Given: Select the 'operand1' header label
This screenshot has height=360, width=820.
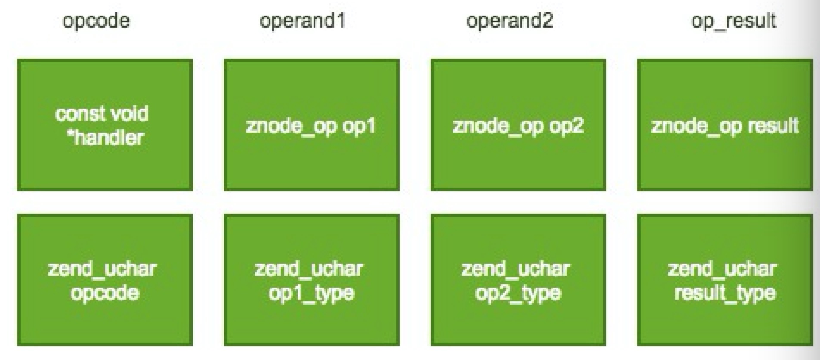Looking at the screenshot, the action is coord(302,21).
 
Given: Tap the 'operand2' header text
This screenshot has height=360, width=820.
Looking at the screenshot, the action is coord(509,21).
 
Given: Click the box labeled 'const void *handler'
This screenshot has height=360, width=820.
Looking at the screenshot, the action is coord(105,125).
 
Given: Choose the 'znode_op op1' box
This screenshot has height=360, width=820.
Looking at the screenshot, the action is coord(312,125).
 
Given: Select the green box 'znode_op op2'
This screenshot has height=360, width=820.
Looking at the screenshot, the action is coord(519,125).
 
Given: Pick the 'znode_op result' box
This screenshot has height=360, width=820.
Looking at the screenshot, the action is coord(725,125).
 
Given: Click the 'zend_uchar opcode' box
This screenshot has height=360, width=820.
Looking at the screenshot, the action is coord(105,280).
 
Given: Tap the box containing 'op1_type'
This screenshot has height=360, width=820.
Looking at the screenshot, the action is coord(312,280).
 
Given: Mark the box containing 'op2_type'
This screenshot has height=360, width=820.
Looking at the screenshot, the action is coord(519,280).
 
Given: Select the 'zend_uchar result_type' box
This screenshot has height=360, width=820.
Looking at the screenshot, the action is coord(725,280).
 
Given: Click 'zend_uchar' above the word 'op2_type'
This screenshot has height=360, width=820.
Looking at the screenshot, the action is coord(516,269).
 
